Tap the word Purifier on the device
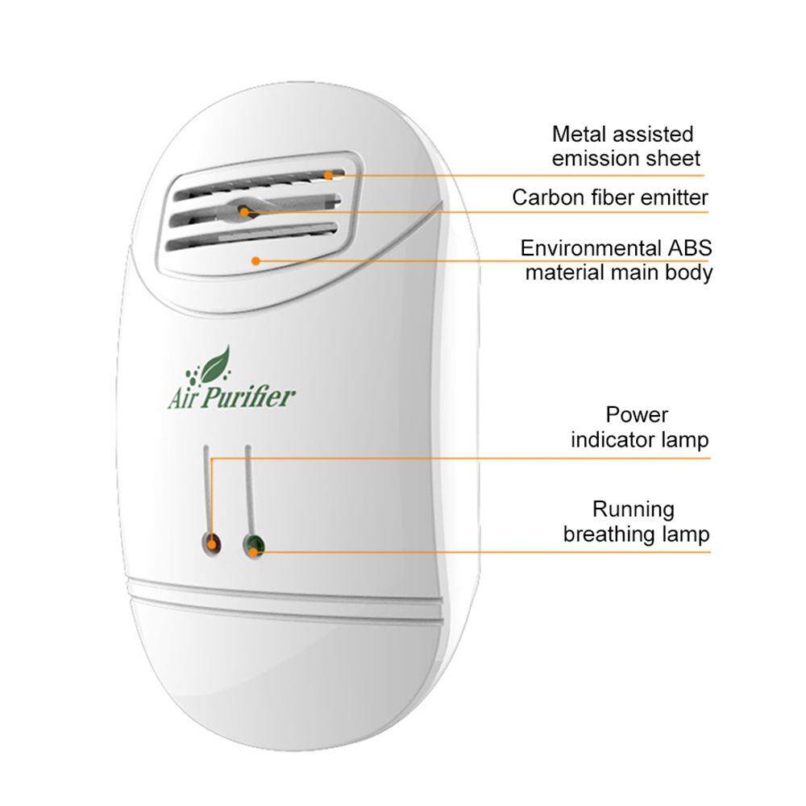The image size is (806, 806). pyautogui.click(x=247, y=397)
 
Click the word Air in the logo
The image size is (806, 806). pyautogui.click(x=182, y=398)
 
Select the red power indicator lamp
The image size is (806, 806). pyautogui.click(x=211, y=544)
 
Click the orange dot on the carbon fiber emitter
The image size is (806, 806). pyautogui.click(x=243, y=211)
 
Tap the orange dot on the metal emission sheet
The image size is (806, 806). pyautogui.click(x=328, y=175)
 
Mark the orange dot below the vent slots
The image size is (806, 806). pyautogui.click(x=256, y=261)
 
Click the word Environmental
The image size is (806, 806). pyautogui.click(x=591, y=248)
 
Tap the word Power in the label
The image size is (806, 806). pyautogui.click(x=637, y=415)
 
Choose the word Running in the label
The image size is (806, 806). pyautogui.click(x=634, y=509)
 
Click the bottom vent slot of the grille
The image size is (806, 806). pyautogui.click(x=251, y=239)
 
